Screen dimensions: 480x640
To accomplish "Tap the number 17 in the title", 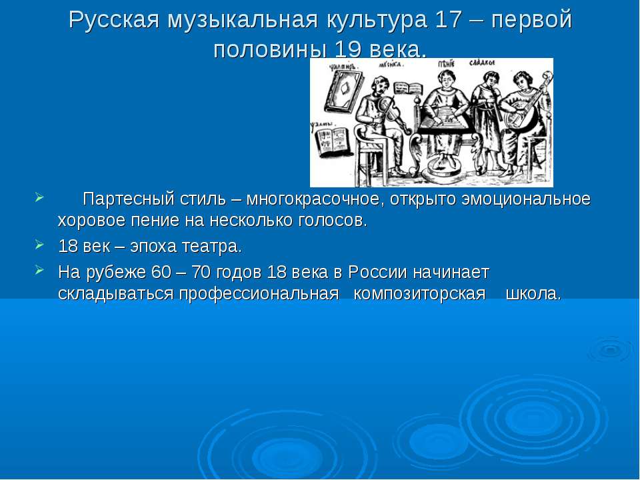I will (x=443, y=21).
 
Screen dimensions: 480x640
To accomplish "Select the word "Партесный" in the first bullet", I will (x=127, y=199).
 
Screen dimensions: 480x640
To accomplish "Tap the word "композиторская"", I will (x=419, y=294).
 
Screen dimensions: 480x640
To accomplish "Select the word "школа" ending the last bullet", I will (x=533, y=294).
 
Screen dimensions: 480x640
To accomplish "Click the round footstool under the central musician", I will (x=439, y=167).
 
